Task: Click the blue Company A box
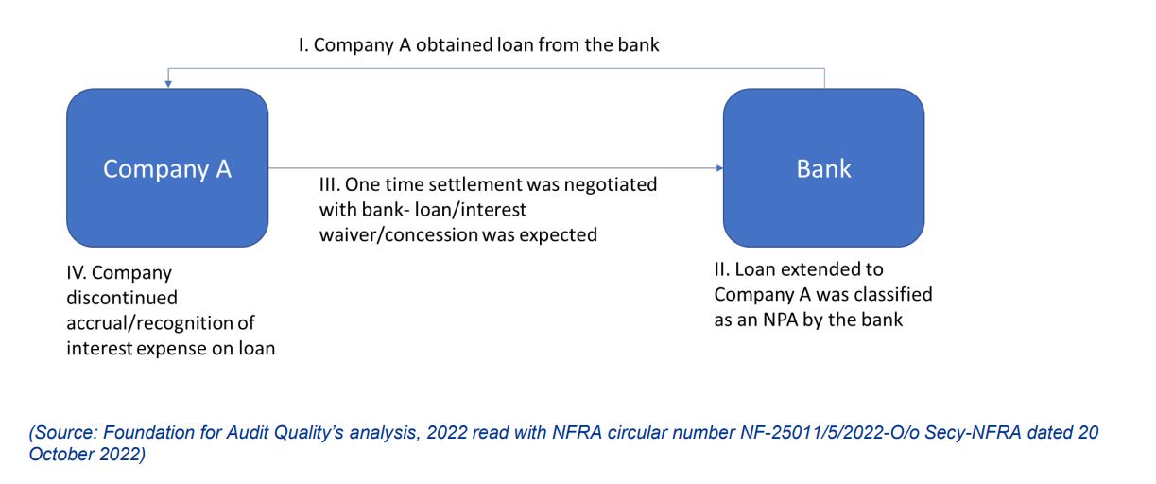pos(167,167)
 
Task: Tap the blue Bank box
pos(823,167)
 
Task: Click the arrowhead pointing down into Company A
pos(168,84)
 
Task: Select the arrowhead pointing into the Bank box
pos(719,167)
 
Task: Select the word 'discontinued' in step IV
pos(122,298)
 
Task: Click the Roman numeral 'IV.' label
pos(76,273)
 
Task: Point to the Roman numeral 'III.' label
pos(329,184)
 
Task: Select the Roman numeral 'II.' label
pos(721,269)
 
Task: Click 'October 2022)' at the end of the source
pos(87,455)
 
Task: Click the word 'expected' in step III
pos(559,235)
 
